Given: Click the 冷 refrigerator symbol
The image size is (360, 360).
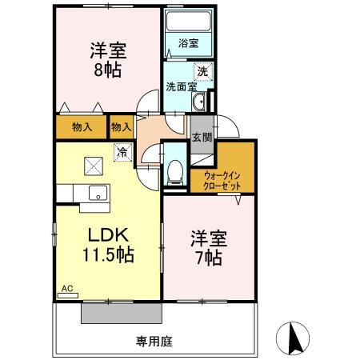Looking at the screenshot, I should coord(122,150).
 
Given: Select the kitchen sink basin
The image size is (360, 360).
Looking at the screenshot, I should coord(96,193).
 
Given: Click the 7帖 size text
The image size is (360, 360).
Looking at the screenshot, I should coord(207,258).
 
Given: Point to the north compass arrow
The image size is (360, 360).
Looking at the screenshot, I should coord(294,338).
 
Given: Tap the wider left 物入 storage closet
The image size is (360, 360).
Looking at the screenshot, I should coord(82,126).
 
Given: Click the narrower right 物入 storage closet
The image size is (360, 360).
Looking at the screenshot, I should coord(121,126).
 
